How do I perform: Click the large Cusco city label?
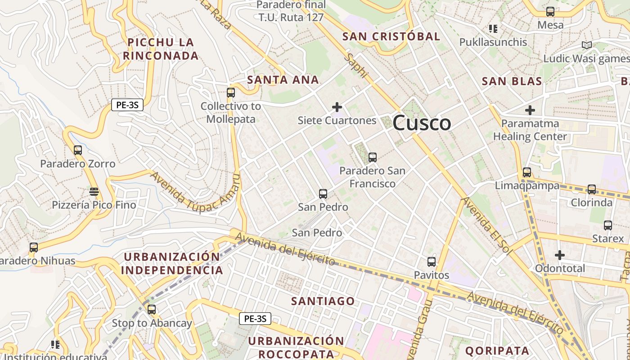422,123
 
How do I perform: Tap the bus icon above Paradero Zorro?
78,150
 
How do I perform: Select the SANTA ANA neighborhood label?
283,80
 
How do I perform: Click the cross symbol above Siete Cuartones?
337,107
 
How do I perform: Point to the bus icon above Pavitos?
432,261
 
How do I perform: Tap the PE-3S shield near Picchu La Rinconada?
127,105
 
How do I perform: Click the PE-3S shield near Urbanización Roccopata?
255,319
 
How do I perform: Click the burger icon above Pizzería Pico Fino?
94,192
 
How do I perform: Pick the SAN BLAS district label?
512,81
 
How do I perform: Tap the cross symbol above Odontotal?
559,255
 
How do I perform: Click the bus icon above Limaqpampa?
527,172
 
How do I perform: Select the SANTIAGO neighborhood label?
323,301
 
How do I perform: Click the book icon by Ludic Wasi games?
586,45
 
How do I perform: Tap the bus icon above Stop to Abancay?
152,310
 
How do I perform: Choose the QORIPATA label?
497,351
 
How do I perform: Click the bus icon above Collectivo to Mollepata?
231,93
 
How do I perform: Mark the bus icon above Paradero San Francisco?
372,157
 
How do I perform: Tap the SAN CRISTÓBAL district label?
391,37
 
